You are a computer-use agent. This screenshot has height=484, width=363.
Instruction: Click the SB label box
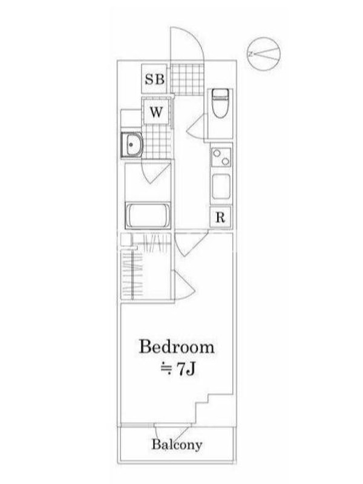154,79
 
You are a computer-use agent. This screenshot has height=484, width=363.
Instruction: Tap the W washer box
156,111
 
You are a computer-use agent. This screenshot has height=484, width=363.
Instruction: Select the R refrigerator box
220,217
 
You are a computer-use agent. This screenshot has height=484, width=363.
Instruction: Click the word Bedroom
177,347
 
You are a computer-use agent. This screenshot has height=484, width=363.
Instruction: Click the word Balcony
177,445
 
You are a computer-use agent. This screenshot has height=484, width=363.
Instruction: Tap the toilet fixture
220,103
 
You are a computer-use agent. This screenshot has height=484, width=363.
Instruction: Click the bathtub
148,215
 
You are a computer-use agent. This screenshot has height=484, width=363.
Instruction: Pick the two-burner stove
221,157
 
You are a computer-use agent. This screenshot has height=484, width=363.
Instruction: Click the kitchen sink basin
221,186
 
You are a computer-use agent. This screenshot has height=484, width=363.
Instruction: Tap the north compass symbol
264,54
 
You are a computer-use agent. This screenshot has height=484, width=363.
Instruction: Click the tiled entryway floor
188,79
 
